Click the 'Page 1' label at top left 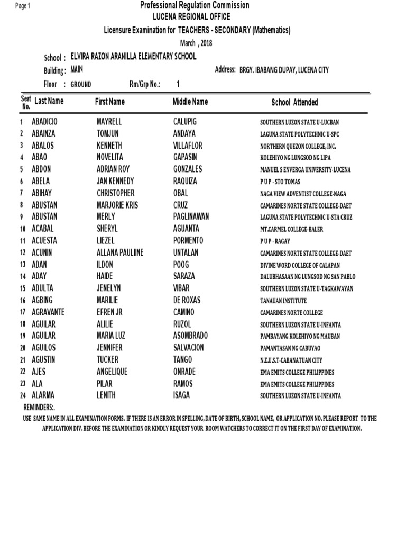click(x=23, y=6)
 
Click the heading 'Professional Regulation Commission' click(x=195, y=5)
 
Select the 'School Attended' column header click(x=294, y=103)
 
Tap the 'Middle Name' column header click(x=190, y=102)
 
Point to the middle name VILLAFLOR click(x=188, y=146)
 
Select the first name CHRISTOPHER click(x=115, y=193)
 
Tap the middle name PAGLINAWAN click(x=191, y=216)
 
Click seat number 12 click(x=23, y=253)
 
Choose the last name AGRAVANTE click(x=51, y=312)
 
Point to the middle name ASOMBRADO click(x=190, y=336)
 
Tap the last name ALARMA click(x=43, y=395)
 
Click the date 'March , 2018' click(x=196, y=43)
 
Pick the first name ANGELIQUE click(x=112, y=372)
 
